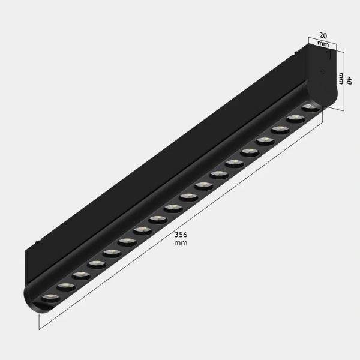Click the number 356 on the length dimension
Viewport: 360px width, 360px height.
click(x=181, y=235)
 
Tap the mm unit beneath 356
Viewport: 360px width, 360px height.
click(x=181, y=244)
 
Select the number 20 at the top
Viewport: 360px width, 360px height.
click(x=323, y=35)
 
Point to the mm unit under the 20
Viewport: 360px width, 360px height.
click(x=322, y=44)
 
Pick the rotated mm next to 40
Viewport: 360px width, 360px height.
click(x=341, y=79)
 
